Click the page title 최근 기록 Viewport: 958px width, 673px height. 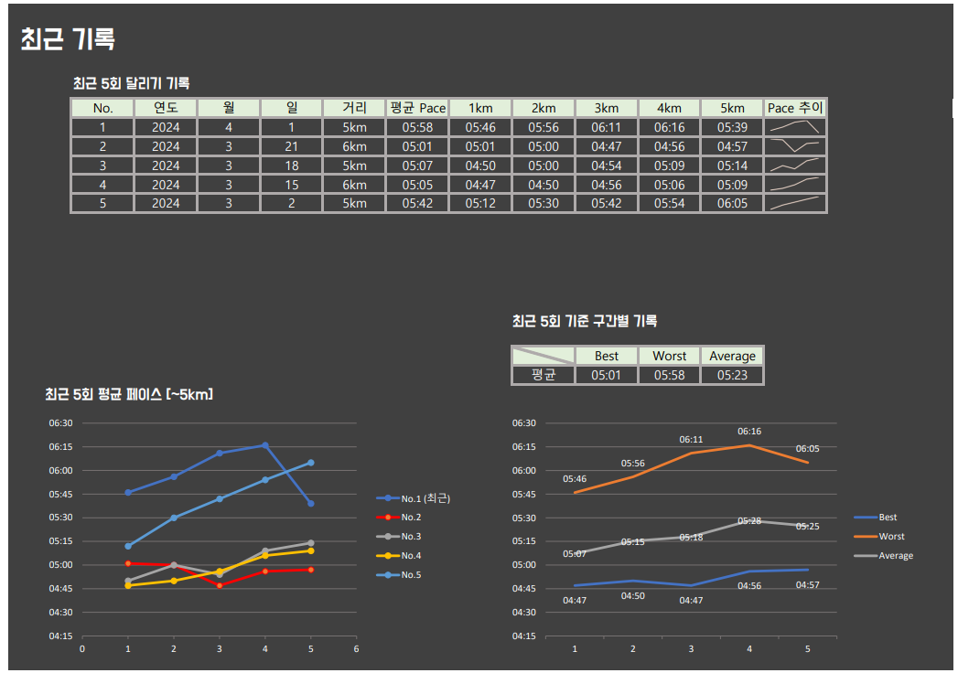[x=68, y=39]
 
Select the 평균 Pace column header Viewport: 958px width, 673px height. [x=417, y=108]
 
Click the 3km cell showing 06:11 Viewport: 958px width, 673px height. [x=606, y=128]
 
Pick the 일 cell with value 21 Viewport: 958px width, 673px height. [x=291, y=146]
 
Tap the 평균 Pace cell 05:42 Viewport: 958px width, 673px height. [x=417, y=203]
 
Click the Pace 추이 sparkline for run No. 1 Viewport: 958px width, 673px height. [x=795, y=128]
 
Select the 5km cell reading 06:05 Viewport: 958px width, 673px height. [x=732, y=203]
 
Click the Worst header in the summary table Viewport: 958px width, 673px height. [x=669, y=356]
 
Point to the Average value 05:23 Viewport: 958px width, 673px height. [x=732, y=375]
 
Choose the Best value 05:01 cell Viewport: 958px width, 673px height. [x=606, y=375]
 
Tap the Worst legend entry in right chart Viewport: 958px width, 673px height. [x=891, y=537]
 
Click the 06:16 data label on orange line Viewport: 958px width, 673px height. [x=748, y=432]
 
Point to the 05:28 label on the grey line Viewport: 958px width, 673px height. [x=748, y=520]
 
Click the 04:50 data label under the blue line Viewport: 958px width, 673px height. [x=632, y=596]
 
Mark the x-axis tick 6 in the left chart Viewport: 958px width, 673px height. [x=356, y=648]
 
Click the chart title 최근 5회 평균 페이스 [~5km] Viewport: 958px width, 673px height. [x=129, y=394]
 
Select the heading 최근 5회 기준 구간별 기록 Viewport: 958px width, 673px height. [x=584, y=321]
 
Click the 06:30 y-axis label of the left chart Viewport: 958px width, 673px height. [x=61, y=423]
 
